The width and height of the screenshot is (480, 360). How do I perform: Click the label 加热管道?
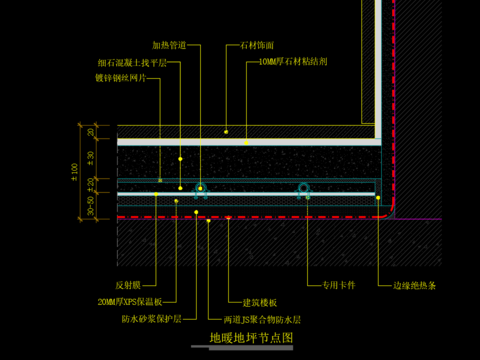coord(169,45)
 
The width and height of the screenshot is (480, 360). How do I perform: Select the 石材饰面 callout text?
coord(257,45)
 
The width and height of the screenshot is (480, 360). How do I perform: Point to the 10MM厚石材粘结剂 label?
coord(292,61)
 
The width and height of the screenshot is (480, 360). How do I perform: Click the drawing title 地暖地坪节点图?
coord(251,338)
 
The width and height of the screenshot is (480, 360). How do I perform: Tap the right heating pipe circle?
coord(303,188)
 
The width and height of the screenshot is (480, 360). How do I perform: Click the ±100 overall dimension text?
coord(74,171)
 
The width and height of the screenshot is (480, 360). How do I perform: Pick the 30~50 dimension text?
coord(91,205)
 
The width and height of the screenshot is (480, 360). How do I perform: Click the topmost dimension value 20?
coord(91,132)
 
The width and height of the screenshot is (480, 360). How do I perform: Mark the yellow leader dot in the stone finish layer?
coord(226,131)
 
